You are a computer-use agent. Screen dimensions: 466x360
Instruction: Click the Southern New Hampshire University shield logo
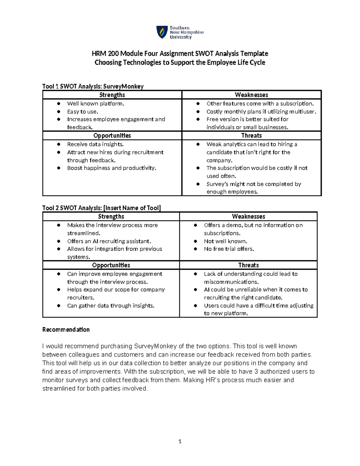[x=162, y=32]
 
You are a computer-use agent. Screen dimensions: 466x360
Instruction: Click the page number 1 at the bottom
[x=180, y=441]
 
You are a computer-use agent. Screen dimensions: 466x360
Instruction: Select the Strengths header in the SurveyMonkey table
[x=112, y=95]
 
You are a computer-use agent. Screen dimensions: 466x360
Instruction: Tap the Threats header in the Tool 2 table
[x=248, y=265]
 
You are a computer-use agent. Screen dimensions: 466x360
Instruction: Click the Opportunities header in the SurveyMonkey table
[x=112, y=135]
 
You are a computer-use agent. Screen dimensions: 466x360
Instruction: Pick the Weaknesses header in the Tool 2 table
[x=248, y=216]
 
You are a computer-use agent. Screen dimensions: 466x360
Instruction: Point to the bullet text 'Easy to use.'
[x=82, y=112]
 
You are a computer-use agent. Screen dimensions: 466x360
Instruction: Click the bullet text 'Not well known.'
[x=226, y=241]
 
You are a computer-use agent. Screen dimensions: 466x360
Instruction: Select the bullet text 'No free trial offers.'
[x=229, y=249]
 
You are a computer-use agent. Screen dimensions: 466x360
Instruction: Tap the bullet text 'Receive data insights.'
[x=95, y=144]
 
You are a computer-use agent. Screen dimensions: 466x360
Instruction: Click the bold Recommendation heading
[x=66, y=329]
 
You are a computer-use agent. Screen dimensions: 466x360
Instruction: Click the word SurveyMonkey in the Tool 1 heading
[x=123, y=86]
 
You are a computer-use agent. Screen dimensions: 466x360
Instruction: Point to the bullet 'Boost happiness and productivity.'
[x=112, y=168]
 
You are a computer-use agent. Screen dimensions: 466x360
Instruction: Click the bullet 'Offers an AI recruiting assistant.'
[x=109, y=241]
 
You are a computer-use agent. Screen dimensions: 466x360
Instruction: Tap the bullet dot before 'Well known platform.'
[x=59, y=104]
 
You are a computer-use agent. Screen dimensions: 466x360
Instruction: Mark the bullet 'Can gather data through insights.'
[x=111, y=306]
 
